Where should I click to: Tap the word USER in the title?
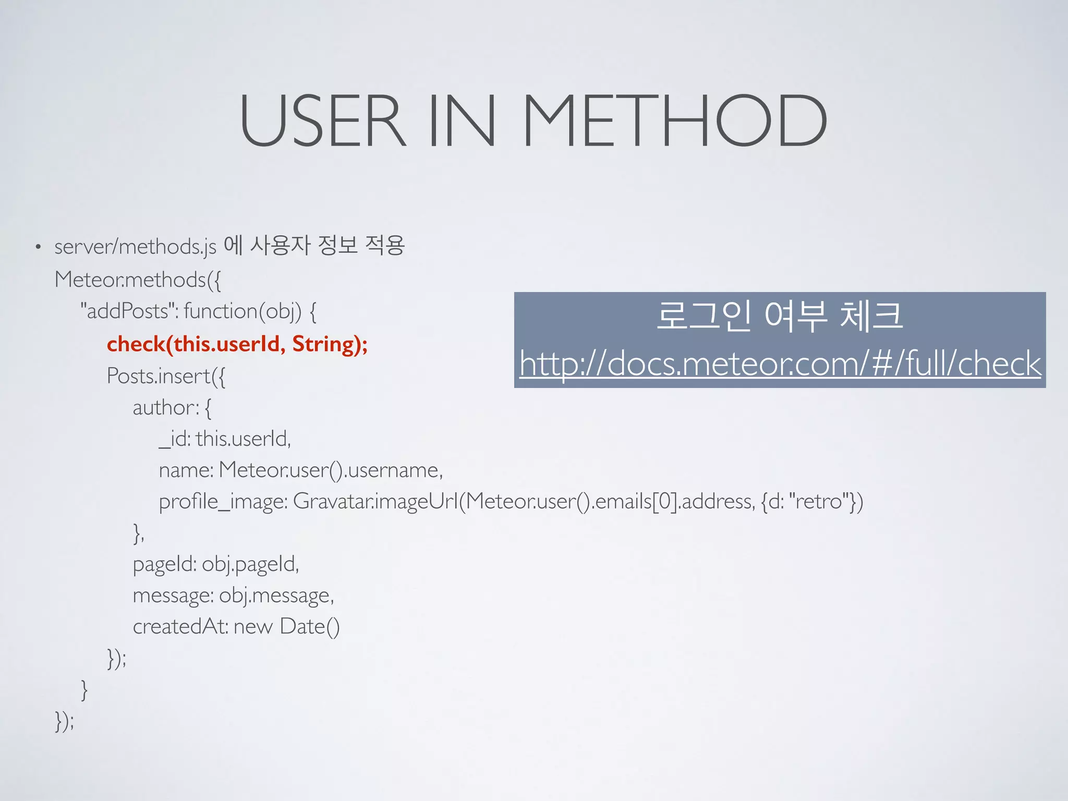click(322, 121)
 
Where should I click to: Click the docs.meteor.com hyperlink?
click(780, 363)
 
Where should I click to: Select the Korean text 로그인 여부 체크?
click(780, 316)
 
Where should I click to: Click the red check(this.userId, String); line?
click(237, 344)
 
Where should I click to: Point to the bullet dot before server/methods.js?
click(38, 247)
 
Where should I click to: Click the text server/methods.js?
click(135, 247)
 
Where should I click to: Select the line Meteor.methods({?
click(138, 280)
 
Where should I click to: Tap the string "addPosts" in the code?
click(127, 311)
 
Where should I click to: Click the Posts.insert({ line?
click(166, 376)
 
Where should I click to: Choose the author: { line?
click(172, 407)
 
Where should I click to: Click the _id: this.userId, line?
click(225, 439)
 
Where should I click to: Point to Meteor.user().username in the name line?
click(330, 470)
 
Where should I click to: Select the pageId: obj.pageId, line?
click(216, 564)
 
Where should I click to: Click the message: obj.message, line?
click(233, 596)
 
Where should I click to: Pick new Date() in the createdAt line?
click(286, 627)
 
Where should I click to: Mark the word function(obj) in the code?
click(242, 311)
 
